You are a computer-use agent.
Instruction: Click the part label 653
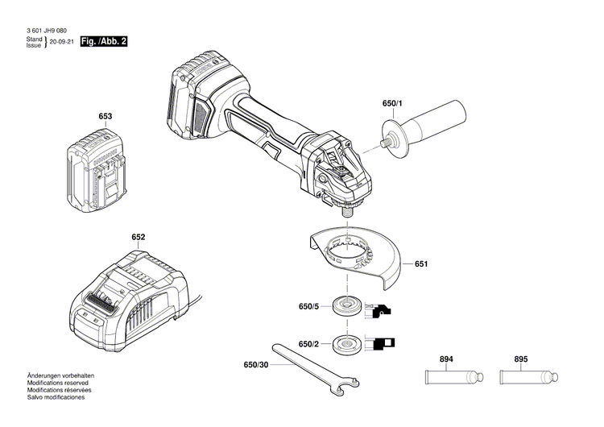(105, 117)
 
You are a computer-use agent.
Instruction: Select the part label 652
(139, 238)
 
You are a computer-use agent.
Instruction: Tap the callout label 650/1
(394, 104)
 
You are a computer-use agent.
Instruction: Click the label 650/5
(309, 306)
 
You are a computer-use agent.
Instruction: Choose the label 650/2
(309, 344)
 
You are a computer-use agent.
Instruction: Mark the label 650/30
(256, 365)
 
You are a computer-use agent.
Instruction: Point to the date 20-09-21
(61, 41)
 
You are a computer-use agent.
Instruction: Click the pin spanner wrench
(310, 370)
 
